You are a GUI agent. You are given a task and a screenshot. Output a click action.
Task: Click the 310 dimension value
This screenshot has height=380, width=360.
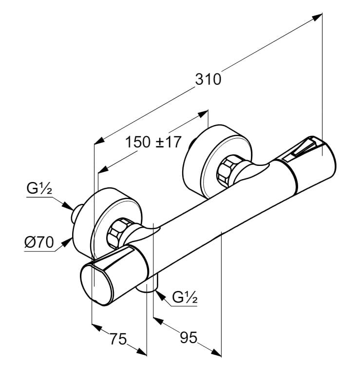click(208, 79)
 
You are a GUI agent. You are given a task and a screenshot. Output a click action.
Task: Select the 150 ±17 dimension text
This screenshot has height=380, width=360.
click(153, 143)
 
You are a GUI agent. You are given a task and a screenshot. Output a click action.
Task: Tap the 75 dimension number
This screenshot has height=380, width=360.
click(117, 339)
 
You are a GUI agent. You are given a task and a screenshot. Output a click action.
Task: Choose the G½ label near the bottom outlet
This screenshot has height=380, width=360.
click(185, 297)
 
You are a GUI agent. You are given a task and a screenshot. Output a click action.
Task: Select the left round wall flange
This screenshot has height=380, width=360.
click(105, 214)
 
